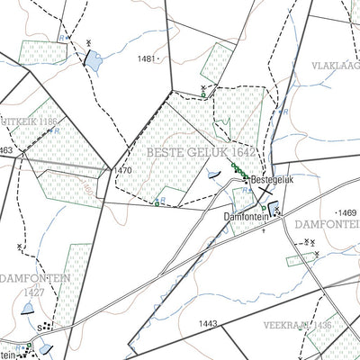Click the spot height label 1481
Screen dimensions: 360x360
(148, 58)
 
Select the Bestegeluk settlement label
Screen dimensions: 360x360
(273, 180)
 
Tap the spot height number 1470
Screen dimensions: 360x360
(124, 169)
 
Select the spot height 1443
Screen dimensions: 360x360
(209, 322)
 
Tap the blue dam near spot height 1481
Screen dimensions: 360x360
(94, 62)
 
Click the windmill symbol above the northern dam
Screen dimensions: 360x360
(89, 42)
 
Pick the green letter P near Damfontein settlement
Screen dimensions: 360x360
(262, 230)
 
